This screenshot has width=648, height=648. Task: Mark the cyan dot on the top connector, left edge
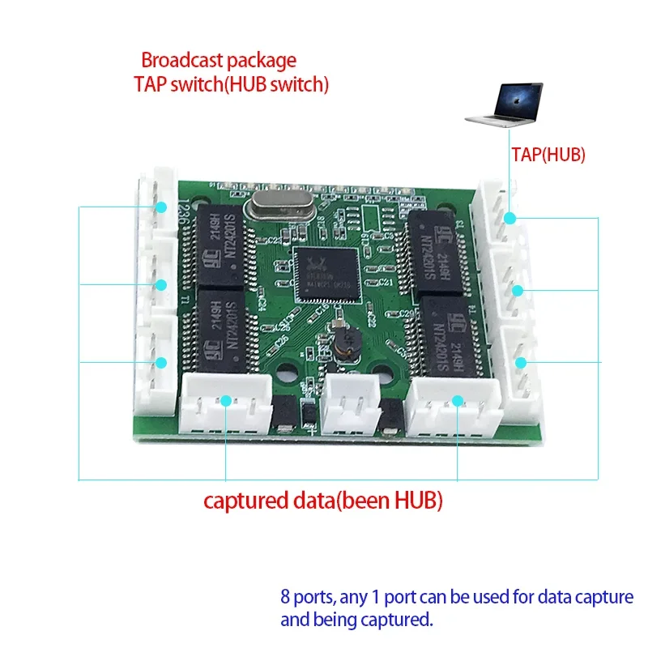161,208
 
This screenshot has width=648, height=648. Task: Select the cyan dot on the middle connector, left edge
161,284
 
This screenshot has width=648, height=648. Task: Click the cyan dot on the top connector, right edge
509,218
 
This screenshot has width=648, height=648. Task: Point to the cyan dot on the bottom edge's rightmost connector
458,400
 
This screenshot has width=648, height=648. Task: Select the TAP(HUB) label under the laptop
548,155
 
